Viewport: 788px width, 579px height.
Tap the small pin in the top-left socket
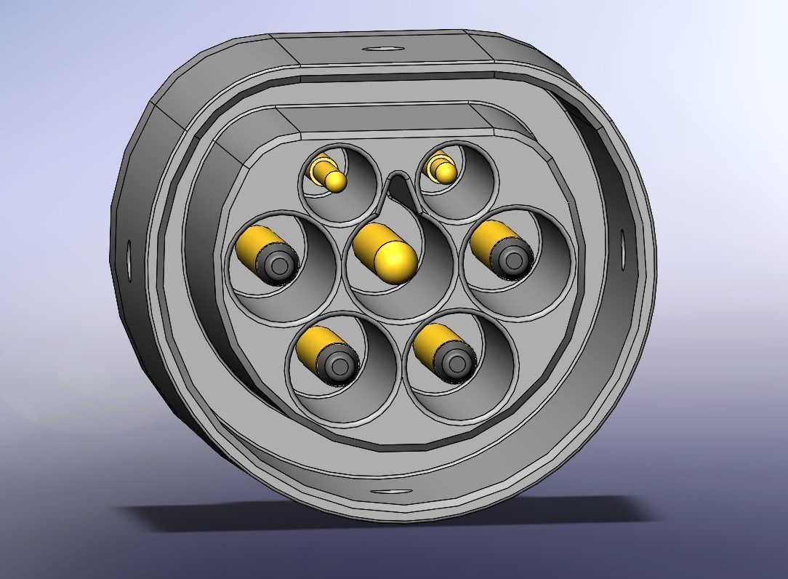click(x=335, y=180)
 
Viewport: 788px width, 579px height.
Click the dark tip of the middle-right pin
click(x=512, y=258)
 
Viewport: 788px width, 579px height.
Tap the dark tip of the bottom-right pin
click(x=456, y=362)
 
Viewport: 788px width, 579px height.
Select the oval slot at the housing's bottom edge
click(x=391, y=492)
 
